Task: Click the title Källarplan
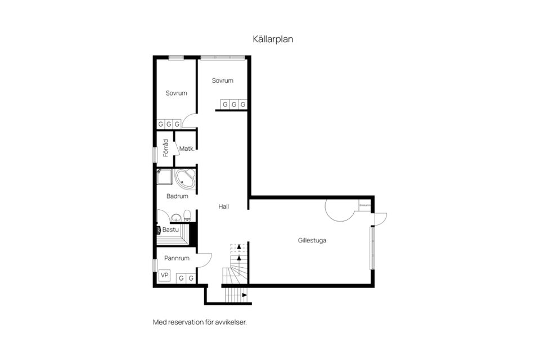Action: click(273, 39)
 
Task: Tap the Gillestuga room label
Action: click(312, 240)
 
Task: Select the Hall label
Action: click(224, 206)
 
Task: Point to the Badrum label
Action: click(177, 196)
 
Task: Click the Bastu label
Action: click(170, 229)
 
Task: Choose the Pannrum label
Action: click(177, 258)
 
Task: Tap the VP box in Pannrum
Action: click(165, 275)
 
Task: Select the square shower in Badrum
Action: click(164, 177)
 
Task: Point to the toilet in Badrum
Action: click(187, 215)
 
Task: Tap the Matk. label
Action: click(187, 149)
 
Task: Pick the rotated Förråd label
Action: click(165, 148)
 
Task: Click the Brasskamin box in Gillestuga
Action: click(364, 206)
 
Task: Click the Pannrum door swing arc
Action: click(205, 259)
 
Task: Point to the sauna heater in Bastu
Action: click(159, 229)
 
